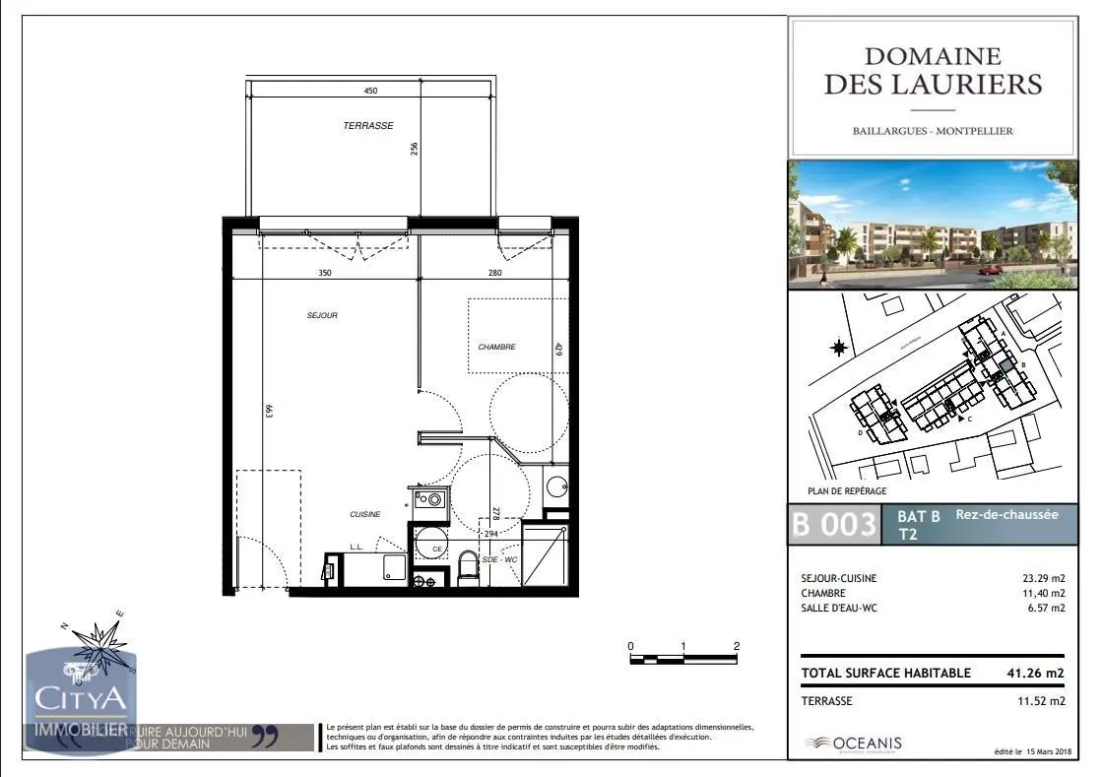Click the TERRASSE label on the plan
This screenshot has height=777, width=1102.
[368, 126]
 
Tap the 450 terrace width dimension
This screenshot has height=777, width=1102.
[370, 91]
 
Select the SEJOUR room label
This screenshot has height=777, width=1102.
[322, 315]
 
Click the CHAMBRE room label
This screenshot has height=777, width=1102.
[496, 347]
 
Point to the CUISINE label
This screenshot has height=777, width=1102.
[364, 515]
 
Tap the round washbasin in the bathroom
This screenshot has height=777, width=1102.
[556, 486]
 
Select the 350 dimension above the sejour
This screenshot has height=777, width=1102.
[324, 273]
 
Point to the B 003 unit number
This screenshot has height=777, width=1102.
[834, 525]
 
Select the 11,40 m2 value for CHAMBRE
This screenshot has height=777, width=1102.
[1045, 593]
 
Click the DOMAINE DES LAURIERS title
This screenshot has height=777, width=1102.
[932, 71]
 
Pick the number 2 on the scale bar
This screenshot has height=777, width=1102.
[737, 646]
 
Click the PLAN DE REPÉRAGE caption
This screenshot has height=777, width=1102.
[840, 490]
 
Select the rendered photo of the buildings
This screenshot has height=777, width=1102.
[932, 224]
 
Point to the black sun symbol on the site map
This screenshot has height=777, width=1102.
[839, 347]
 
